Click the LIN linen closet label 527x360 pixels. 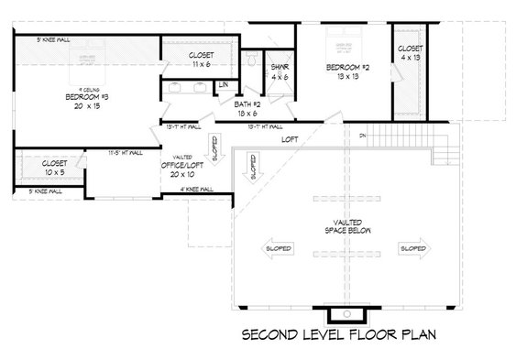[x=223, y=85]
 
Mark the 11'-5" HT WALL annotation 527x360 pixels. [x=125, y=154]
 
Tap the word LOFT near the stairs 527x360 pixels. [x=290, y=138]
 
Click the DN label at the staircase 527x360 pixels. [x=363, y=136]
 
